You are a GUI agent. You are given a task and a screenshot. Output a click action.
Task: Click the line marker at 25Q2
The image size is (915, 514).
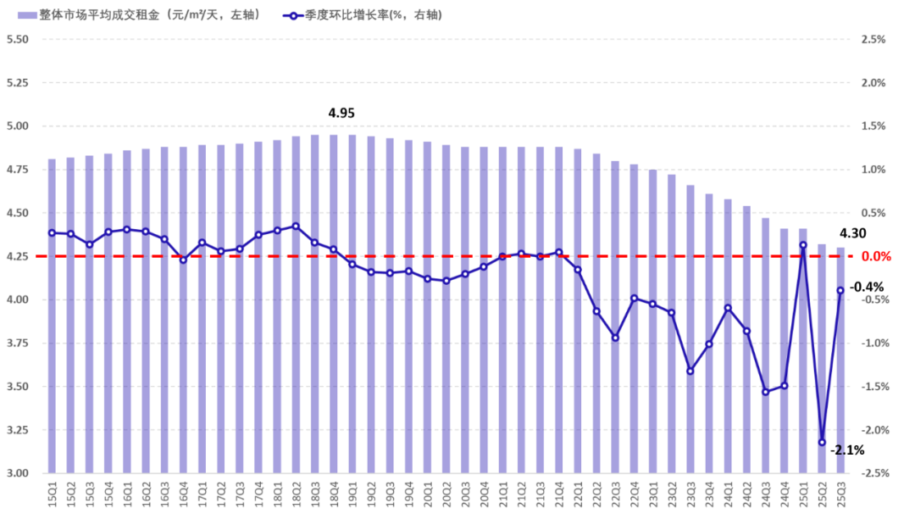point(822,442)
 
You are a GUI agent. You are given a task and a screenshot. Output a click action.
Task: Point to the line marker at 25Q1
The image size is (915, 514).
point(803,245)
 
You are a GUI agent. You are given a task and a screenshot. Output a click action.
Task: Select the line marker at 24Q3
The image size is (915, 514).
point(766,392)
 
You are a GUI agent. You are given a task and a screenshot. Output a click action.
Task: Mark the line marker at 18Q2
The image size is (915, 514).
point(296,226)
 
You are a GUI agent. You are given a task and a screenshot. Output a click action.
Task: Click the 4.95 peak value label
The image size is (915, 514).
point(341,114)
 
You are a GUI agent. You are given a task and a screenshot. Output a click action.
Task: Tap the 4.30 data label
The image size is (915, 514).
point(852,234)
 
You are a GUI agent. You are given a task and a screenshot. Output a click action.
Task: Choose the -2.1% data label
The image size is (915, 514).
point(847,450)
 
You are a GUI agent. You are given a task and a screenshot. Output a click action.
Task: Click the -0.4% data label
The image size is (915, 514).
point(868,287)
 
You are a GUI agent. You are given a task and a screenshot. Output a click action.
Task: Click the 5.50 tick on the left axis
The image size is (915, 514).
point(18,40)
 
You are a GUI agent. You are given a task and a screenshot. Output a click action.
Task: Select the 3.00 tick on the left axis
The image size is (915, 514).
point(18,473)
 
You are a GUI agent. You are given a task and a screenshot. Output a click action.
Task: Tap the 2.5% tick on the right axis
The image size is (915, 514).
point(873,40)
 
